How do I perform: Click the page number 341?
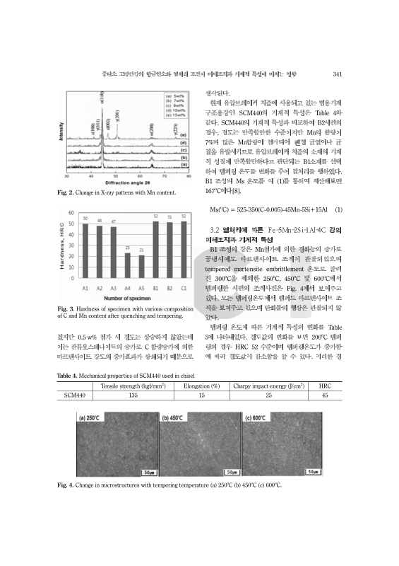[x=337, y=73]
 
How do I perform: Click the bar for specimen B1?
[x=155, y=248]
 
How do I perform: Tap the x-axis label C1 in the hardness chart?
[x=184, y=289]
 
